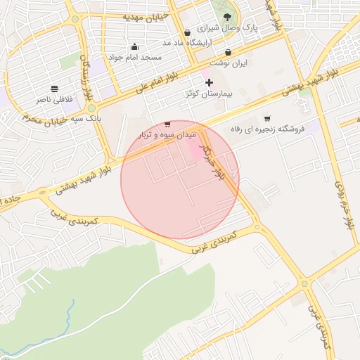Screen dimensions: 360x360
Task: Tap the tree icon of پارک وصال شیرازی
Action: [227, 17]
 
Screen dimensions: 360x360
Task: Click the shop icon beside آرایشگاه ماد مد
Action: [187, 32]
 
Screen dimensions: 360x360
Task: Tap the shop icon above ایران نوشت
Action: [228, 52]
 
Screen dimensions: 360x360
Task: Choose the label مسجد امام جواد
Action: [135, 56]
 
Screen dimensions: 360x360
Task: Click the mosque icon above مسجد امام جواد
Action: [134, 46]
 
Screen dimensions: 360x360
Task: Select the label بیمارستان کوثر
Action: [209, 94]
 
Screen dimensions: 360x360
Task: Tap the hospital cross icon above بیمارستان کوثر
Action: [209, 83]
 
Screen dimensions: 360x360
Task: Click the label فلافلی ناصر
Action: [55, 100]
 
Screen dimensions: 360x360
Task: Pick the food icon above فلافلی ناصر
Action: [54, 89]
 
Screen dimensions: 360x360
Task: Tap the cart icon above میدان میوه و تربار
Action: [167, 124]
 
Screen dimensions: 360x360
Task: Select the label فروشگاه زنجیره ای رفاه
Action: [267, 129]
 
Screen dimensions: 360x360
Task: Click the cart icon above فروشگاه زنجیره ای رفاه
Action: [267, 118]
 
